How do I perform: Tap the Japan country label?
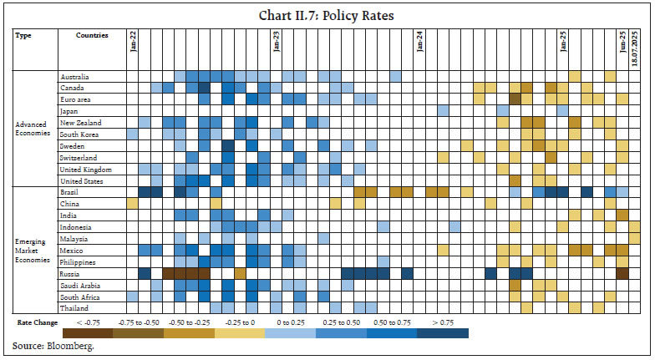click(69, 111)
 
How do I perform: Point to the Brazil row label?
click(70, 192)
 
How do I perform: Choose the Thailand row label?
click(74, 307)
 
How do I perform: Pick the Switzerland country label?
click(78, 157)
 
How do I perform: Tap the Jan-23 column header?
click(277, 41)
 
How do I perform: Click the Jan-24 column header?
click(419, 41)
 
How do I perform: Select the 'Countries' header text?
click(91, 36)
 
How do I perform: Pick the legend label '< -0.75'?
click(87, 322)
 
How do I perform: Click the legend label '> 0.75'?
click(443, 322)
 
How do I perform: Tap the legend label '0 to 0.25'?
click(290, 322)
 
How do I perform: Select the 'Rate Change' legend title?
click(36, 322)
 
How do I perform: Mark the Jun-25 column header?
click(622, 42)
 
